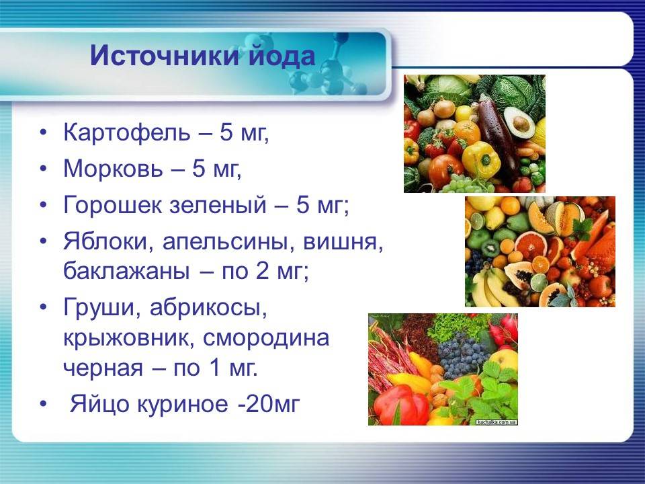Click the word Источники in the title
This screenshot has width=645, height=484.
(165, 55)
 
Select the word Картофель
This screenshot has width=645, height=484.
(127, 133)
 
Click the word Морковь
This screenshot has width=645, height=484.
(113, 168)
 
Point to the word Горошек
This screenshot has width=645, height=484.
(112, 204)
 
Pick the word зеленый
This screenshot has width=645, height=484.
(218, 204)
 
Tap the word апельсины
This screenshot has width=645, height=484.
(228, 242)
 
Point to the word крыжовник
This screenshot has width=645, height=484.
(129, 338)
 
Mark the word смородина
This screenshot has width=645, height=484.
(266, 338)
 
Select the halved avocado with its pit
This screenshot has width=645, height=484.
(519, 122)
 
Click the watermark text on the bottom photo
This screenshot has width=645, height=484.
(497, 422)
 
